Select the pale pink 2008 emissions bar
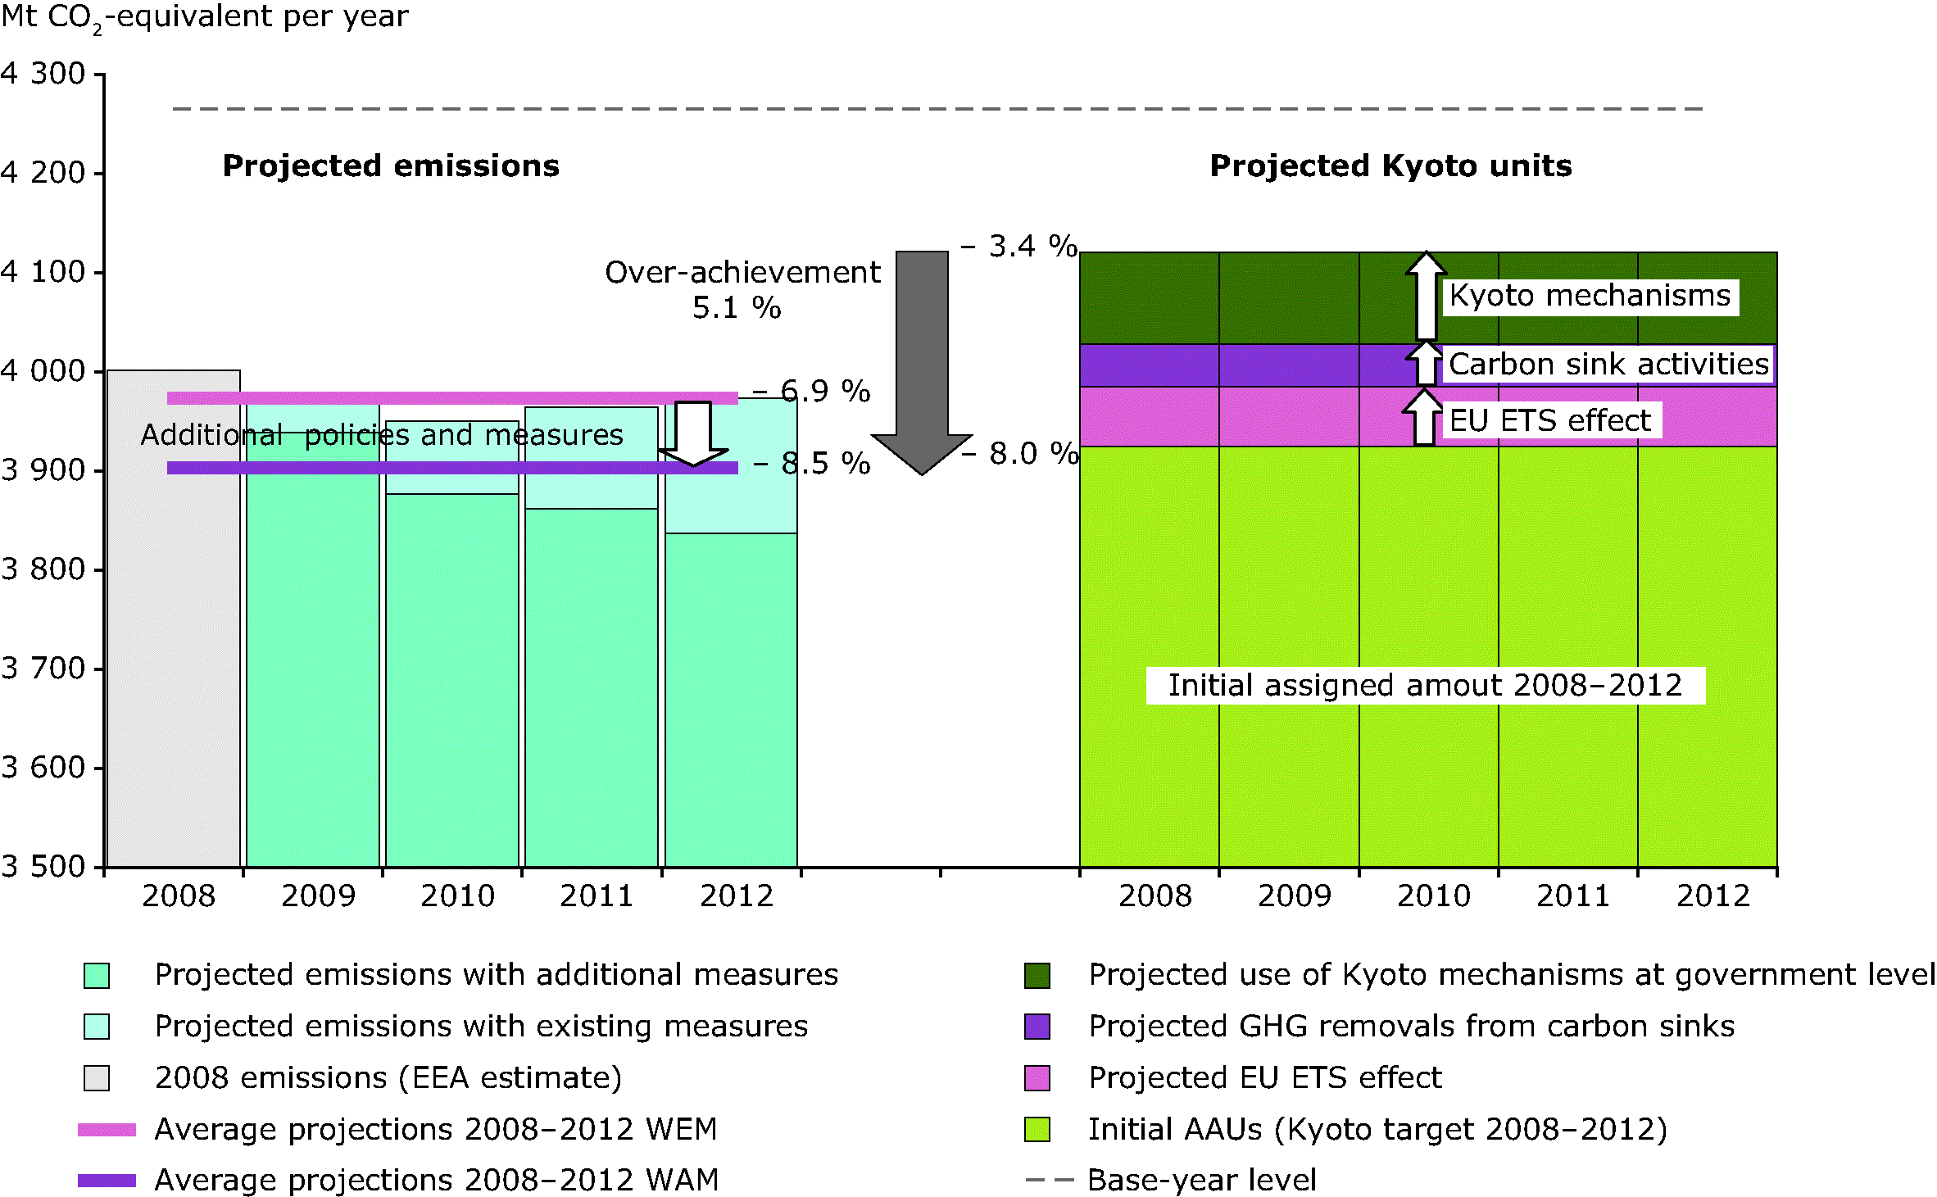[174, 623]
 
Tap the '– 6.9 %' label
[812, 392]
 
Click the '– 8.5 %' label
[812, 464]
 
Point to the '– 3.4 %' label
[1019, 246]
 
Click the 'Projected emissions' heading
[391, 166]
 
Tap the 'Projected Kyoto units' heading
[1390, 166]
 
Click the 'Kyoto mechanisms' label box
[1590, 296]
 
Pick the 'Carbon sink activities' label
[1608, 364]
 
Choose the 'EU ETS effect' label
[1550, 420]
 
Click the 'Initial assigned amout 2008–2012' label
[1425, 685]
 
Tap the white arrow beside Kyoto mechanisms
[1427, 295]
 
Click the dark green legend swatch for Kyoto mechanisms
[1037, 975]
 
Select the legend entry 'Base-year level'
[1202, 1180]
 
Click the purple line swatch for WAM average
[107, 1181]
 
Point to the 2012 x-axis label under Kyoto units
[1712, 895]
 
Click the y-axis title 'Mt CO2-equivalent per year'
[205, 16]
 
